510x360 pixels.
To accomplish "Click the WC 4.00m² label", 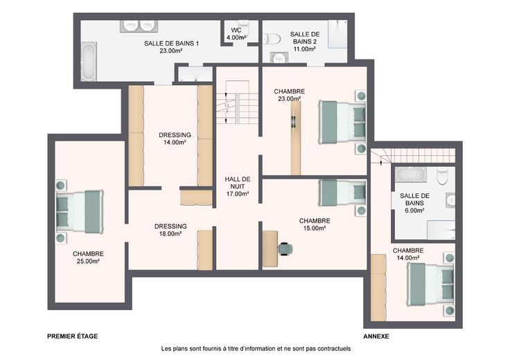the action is (x=236, y=34).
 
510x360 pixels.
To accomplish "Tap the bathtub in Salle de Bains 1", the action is (x=89, y=61).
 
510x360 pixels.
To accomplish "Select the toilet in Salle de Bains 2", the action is (x=272, y=39).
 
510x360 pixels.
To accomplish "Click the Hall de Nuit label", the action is (x=238, y=186).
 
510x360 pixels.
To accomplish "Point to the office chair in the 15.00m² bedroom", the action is (x=285, y=249).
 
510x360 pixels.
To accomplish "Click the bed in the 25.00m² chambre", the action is (x=80, y=212).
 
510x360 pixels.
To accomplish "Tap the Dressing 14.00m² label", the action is (x=175, y=138).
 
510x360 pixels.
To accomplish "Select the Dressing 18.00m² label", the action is (x=170, y=230).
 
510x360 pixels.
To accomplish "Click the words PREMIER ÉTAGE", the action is (x=73, y=336).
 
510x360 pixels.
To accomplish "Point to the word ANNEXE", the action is (x=376, y=336).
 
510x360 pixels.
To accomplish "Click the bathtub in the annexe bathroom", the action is (x=411, y=175).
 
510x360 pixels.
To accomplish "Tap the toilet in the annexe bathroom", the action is (x=442, y=176).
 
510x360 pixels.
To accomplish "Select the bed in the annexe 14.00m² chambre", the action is (x=430, y=285).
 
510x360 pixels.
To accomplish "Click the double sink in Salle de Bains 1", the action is (x=139, y=26).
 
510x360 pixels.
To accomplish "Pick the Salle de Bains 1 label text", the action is (x=171, y=47).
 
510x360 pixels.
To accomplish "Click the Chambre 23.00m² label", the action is (x=289, y=95).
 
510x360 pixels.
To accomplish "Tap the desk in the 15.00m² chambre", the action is (x=270, y=249).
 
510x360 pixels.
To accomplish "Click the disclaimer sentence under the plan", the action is (x=256, y=349).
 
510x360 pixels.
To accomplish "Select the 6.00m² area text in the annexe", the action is (x=414, y=210).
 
